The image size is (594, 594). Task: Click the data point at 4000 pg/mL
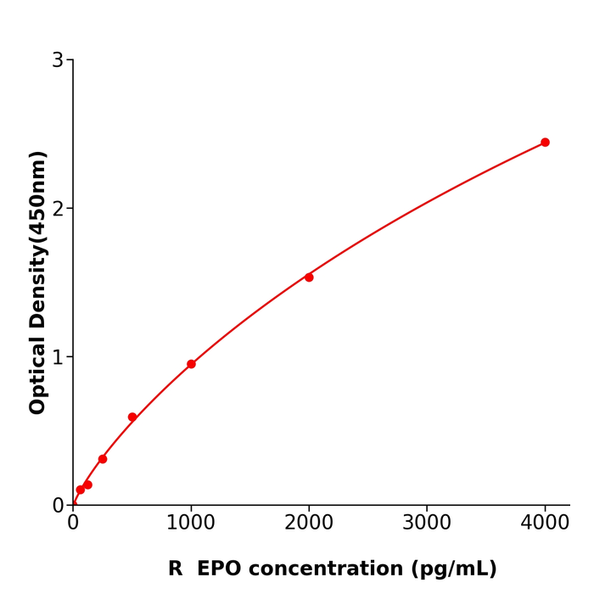(x=545, y=143)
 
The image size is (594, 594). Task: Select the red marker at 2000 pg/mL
(x=309, y=277)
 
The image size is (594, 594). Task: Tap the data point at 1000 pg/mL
(x=191, y=364)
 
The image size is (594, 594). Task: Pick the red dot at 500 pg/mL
(x=132, y=417)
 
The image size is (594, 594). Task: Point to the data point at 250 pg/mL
(x=103, y=459)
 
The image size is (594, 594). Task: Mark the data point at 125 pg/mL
(x=87, y=485)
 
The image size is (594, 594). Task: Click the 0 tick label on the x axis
(x=73, y=524)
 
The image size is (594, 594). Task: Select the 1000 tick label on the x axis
(x=191, y=524)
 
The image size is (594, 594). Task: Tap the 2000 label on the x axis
(x=309, y=524)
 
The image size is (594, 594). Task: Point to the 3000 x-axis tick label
(x=427, y=524)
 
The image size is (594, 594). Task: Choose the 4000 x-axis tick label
(x=545, y=524)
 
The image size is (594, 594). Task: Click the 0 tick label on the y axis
(x=58, y=506)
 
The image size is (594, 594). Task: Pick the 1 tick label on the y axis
(x=58, y=357)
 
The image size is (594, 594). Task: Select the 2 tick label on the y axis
(x=58, y=209)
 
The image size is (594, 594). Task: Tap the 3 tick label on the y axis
(x=58, y=60)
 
